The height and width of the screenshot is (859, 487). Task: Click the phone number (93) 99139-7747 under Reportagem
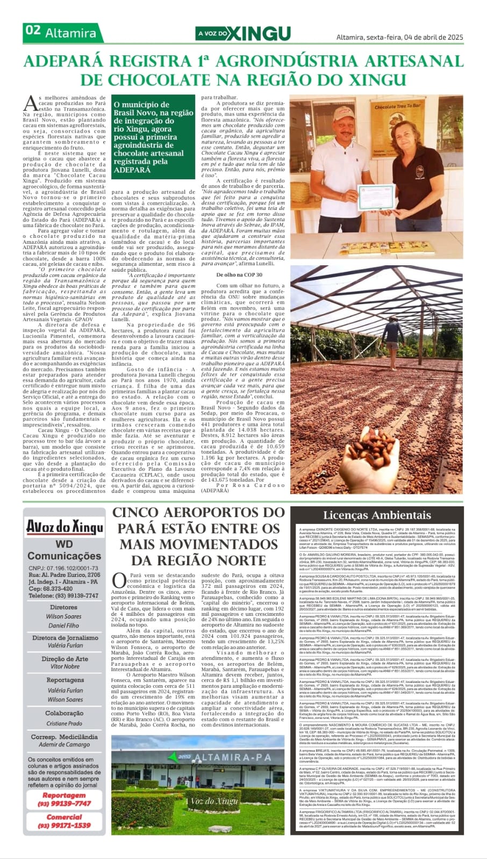(65, 803)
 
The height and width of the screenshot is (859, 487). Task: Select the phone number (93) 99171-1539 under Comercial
(65, 825)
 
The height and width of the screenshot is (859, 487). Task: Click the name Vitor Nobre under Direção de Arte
(65, 666)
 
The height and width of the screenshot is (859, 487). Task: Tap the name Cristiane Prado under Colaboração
(65, 723)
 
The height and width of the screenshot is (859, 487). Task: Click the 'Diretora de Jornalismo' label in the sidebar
(65, 638)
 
